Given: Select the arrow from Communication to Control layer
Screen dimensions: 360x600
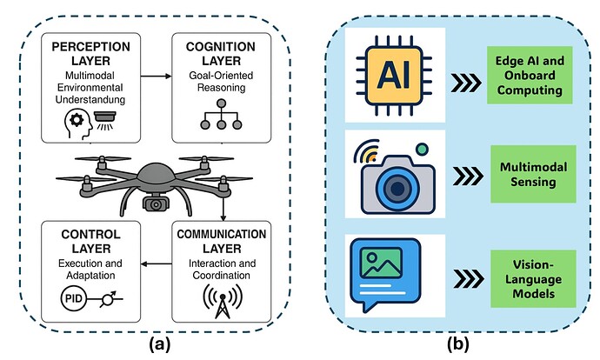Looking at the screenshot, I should (x=157, y=263).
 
